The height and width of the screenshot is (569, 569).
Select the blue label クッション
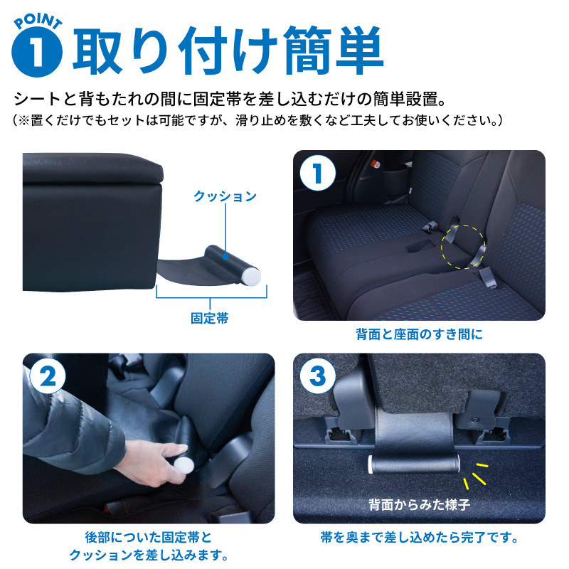(225, 196)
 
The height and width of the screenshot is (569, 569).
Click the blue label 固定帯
(210, 319)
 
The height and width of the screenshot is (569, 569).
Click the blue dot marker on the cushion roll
(225, 253)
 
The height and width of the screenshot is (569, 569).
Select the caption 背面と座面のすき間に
(420, 334)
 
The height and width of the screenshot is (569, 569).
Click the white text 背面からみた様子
(419, 505)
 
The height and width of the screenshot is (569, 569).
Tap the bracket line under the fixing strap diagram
(211, 297)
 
